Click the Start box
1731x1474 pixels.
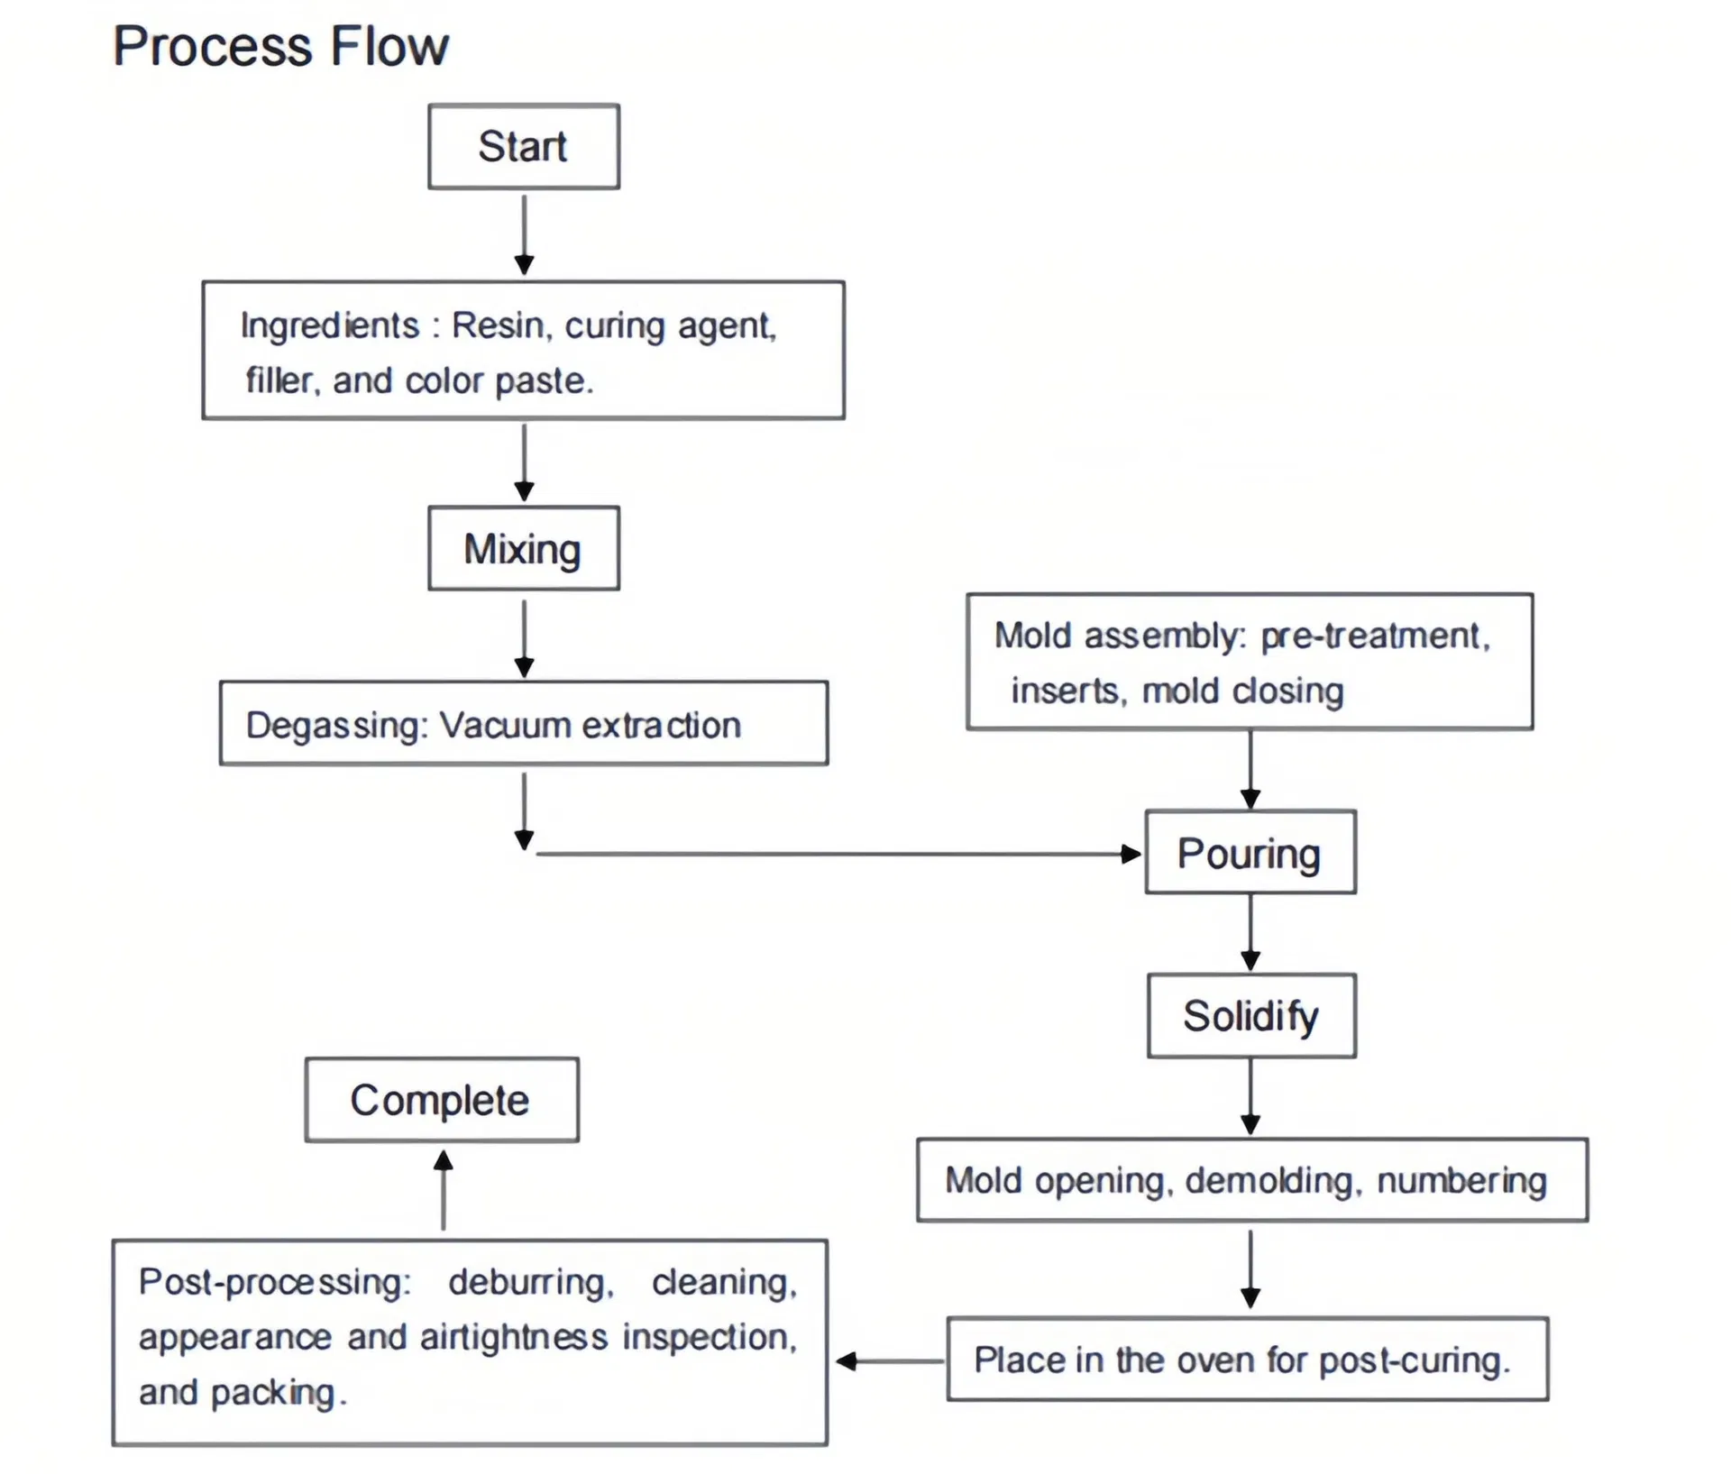point(524,146)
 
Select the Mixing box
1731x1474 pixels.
point(524,548)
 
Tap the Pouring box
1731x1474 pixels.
point(1250,852)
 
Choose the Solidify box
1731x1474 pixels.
point(1251,1015)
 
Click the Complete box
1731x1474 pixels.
point(442,1100)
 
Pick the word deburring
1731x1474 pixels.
point(531,1282)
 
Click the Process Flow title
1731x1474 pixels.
point(281,46)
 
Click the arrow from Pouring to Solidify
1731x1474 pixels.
point(1250,932)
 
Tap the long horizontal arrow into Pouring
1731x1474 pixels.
point(838,854)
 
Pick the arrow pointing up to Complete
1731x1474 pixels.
point(443,1190)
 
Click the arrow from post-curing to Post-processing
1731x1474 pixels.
point(891,1361)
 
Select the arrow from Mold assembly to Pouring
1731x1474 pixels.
point(1250,769)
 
